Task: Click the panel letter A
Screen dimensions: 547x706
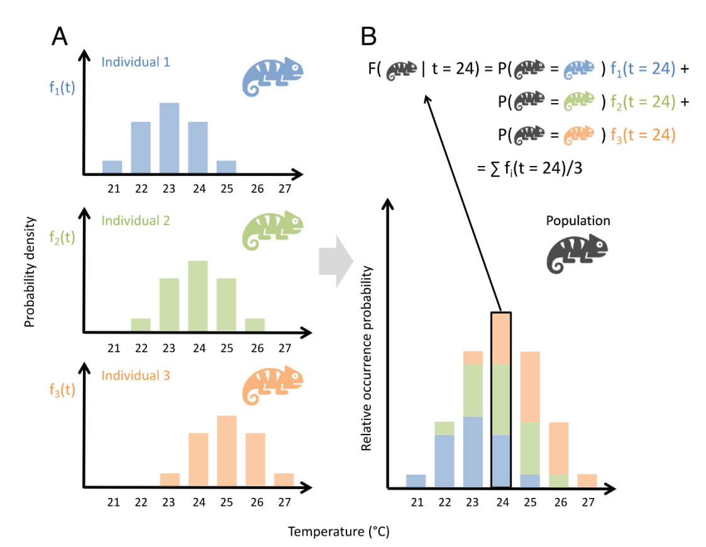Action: coord(60,37)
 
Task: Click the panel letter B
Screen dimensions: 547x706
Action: coord(368,37)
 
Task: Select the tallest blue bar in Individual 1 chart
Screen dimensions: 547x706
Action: coord(169,138)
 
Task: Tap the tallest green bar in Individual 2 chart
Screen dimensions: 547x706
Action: coord(198,296)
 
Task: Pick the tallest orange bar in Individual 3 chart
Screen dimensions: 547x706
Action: coord(226,451)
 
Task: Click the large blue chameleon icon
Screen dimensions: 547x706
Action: coord(273,76)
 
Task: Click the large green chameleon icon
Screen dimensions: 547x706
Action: coord(273,231)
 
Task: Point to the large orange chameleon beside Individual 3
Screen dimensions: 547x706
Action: coord(273,386)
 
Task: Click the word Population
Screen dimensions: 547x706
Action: coord(578,221)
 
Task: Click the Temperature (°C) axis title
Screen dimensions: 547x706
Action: coord(338,532)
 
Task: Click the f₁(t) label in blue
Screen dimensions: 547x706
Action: coord(62,87)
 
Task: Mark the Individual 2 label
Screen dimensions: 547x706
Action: coord(135,221)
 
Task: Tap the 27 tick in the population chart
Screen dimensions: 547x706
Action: coord(588,502)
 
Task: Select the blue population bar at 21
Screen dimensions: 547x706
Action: coord(416,481)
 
